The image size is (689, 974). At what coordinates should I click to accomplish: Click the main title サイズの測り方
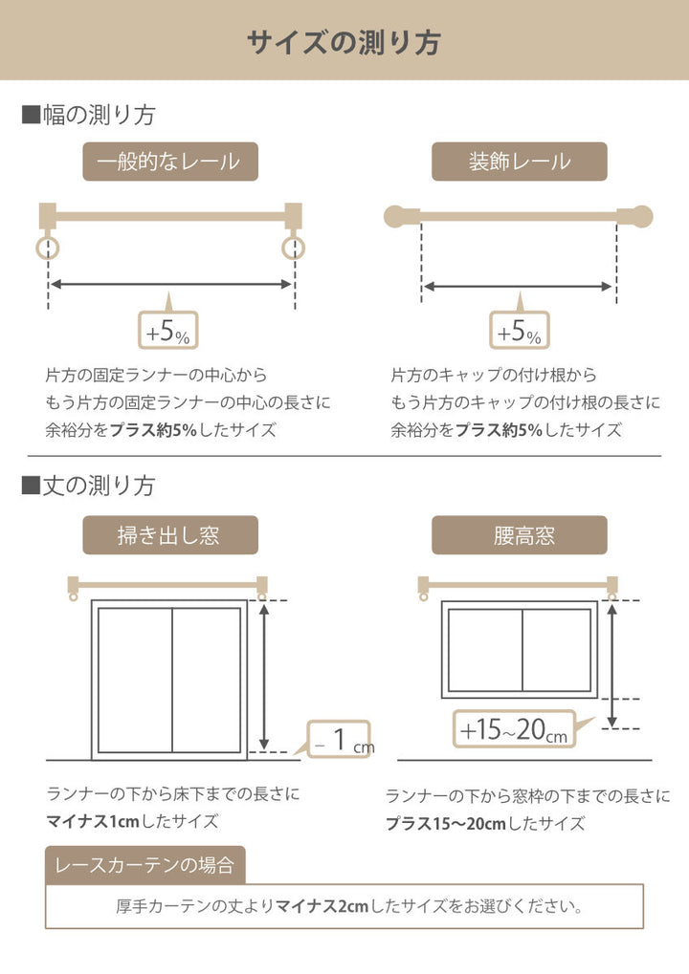344,42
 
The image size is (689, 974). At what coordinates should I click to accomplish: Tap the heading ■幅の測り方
89,116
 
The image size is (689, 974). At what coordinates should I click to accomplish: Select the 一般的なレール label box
169,162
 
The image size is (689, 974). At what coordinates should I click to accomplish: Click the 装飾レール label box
519,162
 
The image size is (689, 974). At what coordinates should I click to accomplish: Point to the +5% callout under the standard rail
167,332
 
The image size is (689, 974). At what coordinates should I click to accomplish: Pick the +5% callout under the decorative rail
519,332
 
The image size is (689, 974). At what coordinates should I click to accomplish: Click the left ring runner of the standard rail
47,249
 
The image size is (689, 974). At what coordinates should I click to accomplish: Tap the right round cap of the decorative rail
641,217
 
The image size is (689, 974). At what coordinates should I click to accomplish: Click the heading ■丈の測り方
89,486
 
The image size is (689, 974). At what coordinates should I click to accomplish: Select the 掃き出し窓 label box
169,535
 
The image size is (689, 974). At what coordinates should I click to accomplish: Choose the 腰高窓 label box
519,535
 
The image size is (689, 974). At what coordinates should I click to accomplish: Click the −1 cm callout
341,738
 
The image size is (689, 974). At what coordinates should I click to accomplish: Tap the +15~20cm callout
514,730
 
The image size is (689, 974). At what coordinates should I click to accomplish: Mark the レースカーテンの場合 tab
144,866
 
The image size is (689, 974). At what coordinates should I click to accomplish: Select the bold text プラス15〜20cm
445,823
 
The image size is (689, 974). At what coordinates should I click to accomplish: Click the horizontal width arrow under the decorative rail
518,286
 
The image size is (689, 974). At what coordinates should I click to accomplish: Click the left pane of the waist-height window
484,650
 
